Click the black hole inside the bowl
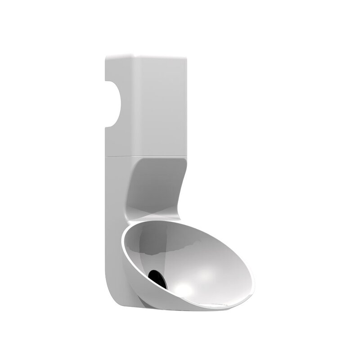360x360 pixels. [157, 275]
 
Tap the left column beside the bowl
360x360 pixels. [115, 202]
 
